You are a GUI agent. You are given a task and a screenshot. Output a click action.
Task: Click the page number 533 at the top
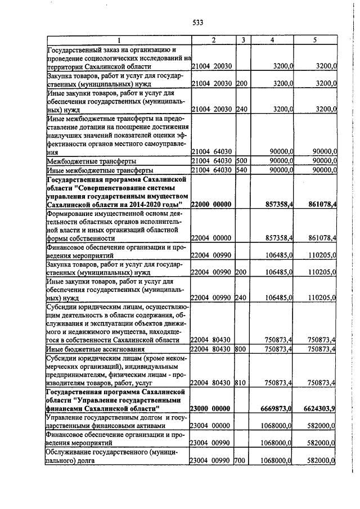pos(197,22)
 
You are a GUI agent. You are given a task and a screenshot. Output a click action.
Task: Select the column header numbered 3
pos(242,40)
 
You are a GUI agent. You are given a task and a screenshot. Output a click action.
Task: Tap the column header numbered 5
pos(315,40)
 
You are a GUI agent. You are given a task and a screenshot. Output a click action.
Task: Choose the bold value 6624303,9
pos(318,408)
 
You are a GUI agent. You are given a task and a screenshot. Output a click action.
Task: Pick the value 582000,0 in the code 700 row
pos(319,461)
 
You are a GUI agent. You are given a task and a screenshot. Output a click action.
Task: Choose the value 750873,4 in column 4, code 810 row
pos(277,382)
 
